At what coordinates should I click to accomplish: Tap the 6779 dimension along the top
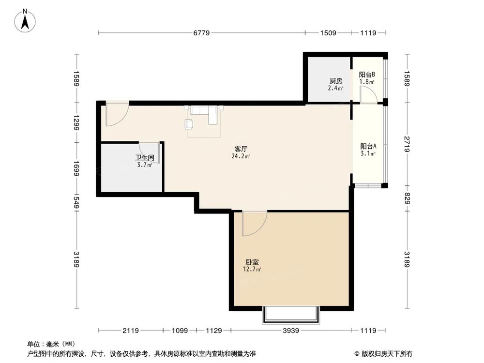(202, 33)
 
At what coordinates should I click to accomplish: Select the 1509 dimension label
(328, 33)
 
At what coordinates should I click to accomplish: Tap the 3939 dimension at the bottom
(291, 331)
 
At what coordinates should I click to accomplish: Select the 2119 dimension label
(130, 331)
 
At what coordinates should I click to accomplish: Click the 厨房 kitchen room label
(335, 81)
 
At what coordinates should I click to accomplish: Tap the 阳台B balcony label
(366, 75)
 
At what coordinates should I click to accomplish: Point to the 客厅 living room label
(241, 150)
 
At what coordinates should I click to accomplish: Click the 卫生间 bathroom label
(144, 157)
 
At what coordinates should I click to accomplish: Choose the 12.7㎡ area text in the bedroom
(253, 269)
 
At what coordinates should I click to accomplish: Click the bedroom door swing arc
(254, 224)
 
